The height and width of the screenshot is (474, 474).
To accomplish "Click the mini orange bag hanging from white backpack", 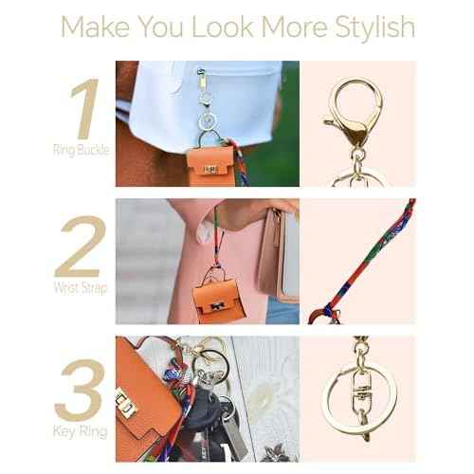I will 210,162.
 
